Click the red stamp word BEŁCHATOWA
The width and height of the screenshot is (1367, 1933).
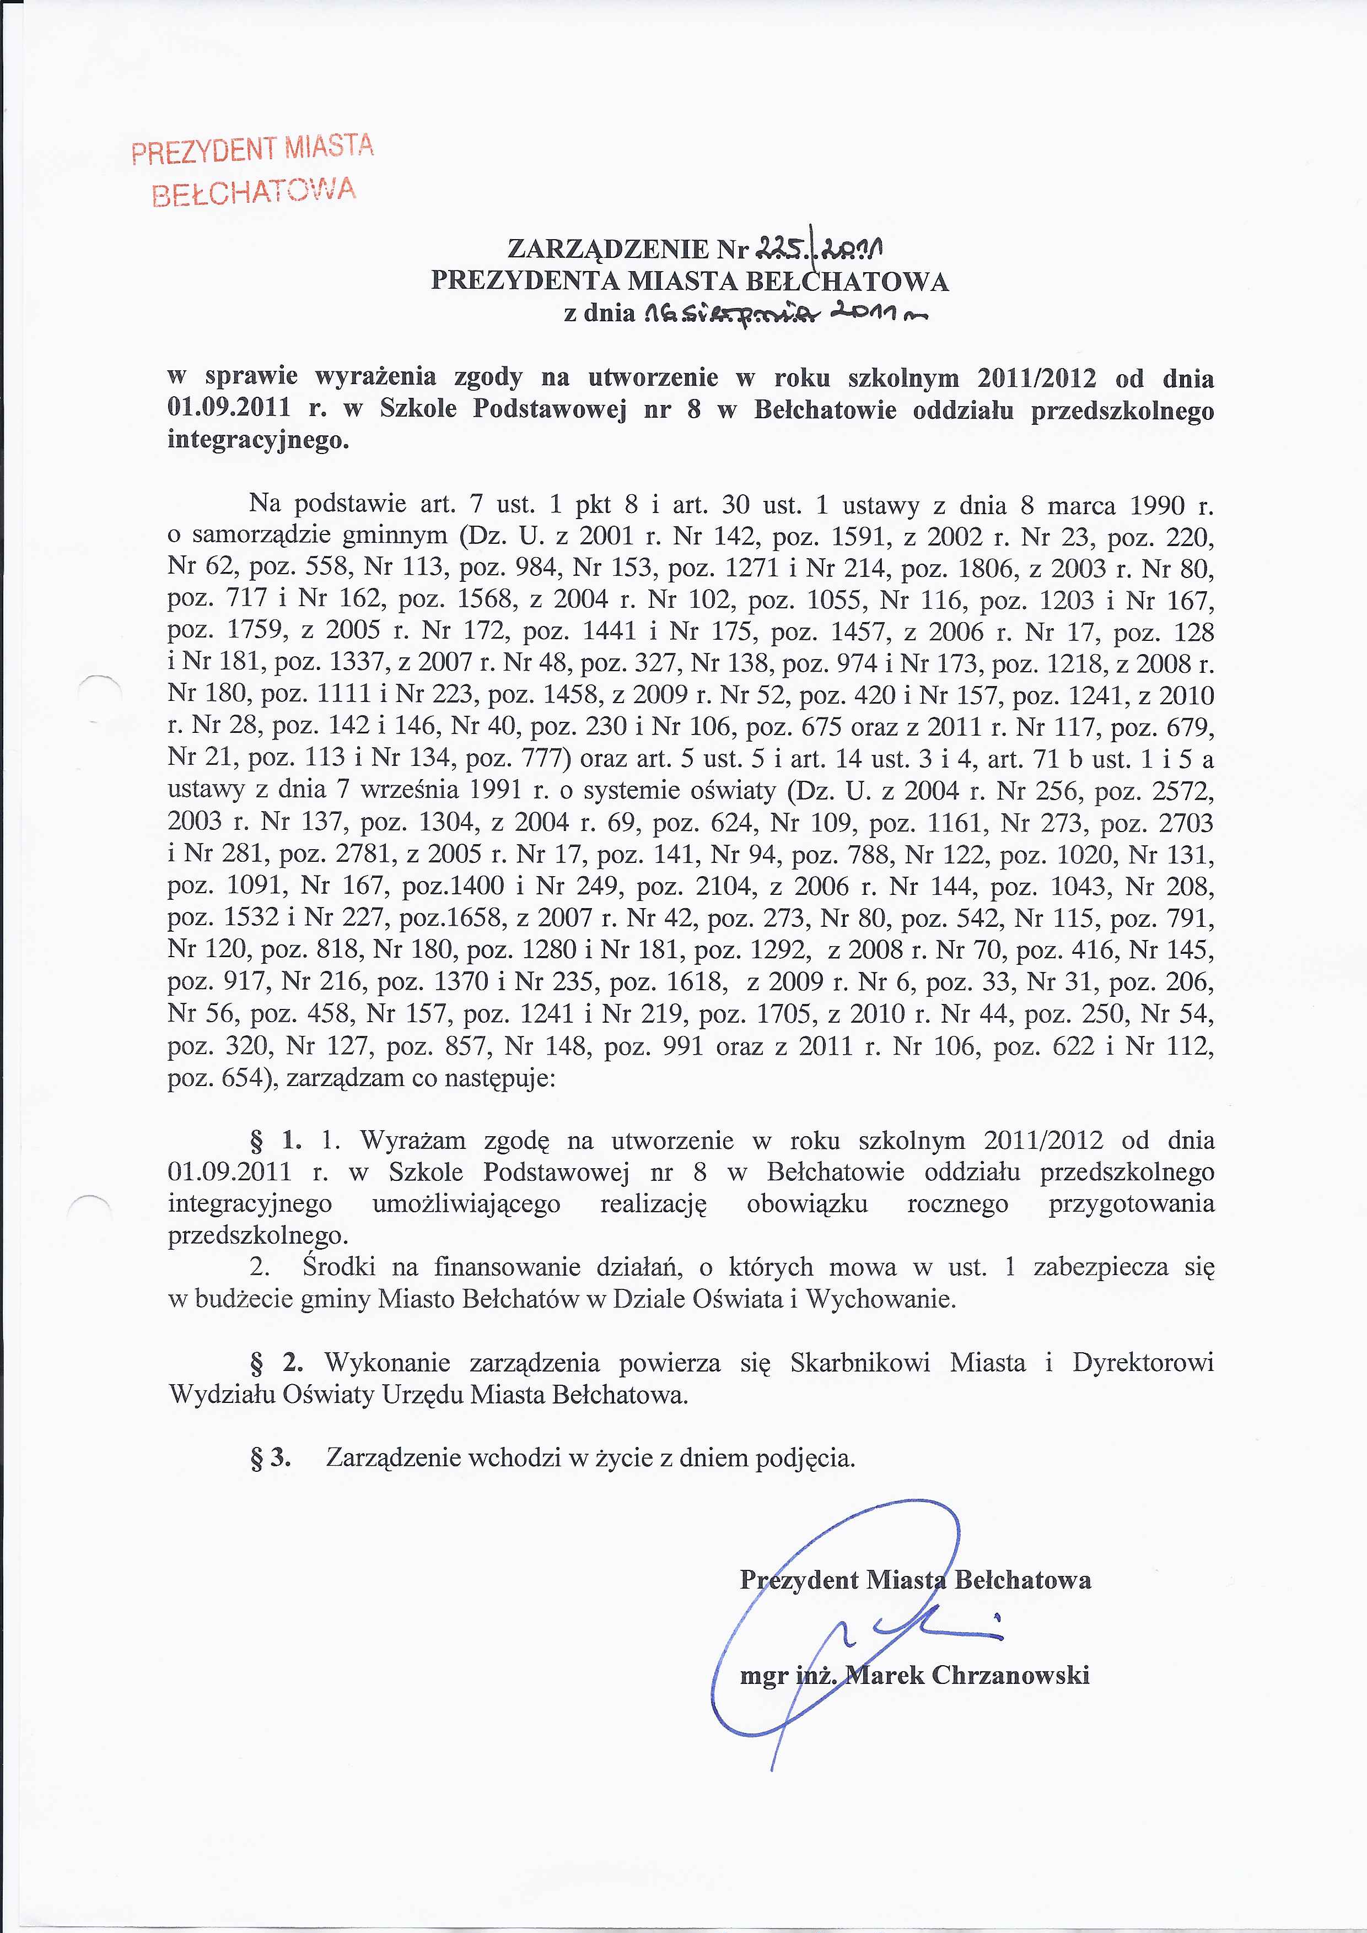pos(254,193)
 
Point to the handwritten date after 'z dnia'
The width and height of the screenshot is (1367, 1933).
pos(783,314)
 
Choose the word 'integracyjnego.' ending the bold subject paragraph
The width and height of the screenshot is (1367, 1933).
pos(258,440)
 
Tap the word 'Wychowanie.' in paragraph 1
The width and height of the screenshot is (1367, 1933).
pos(881,1299)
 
